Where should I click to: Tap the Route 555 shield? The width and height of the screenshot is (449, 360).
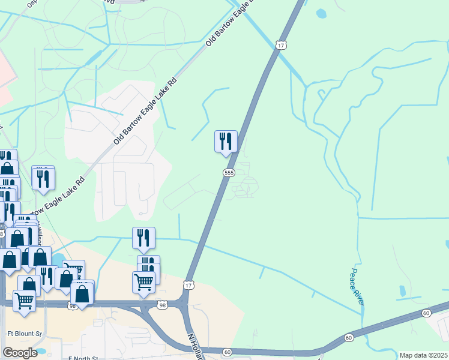(228, 173)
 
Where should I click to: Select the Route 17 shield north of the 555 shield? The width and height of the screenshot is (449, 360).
(280, 45)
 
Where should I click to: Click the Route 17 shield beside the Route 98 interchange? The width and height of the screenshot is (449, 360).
(189, 283)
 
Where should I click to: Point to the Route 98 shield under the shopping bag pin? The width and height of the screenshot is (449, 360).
(72, 306)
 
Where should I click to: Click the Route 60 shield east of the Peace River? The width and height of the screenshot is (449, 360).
(426, 313)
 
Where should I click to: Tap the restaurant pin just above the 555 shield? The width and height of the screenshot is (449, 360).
(226, 142)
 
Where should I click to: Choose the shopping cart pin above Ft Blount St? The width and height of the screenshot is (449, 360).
(25, 300)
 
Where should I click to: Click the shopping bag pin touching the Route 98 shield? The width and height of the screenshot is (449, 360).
(82, 293)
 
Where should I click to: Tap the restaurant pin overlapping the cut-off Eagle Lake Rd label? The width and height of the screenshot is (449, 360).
(43, 179)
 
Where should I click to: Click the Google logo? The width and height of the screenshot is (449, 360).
(20, 353)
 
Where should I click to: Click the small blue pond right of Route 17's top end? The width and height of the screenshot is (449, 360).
(322, 13)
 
